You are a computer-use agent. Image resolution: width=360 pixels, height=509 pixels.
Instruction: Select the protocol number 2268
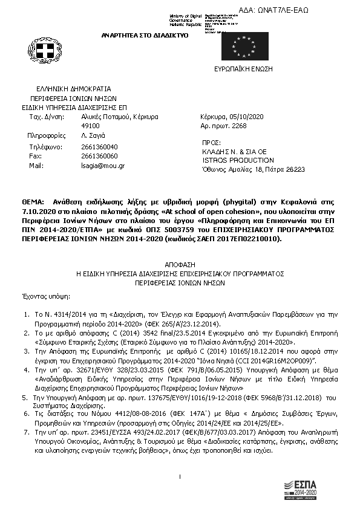(x=240, y=126)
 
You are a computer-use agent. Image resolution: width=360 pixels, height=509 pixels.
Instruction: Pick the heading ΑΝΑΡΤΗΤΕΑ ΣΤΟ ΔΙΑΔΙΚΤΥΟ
(x=145, y=35)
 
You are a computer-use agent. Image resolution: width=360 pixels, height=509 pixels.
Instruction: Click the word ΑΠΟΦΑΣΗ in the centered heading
(x=180, y=264)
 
